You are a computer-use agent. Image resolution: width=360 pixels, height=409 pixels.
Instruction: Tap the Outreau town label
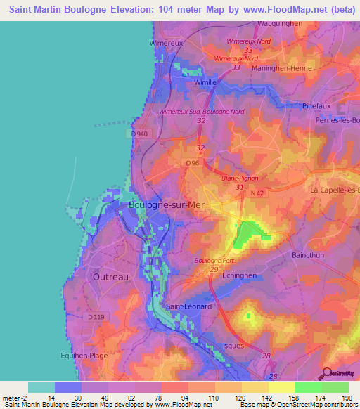[110, 277]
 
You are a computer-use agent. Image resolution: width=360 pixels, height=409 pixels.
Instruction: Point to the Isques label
[233, 346]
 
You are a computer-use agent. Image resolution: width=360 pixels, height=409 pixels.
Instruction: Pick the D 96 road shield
[193, 163]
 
